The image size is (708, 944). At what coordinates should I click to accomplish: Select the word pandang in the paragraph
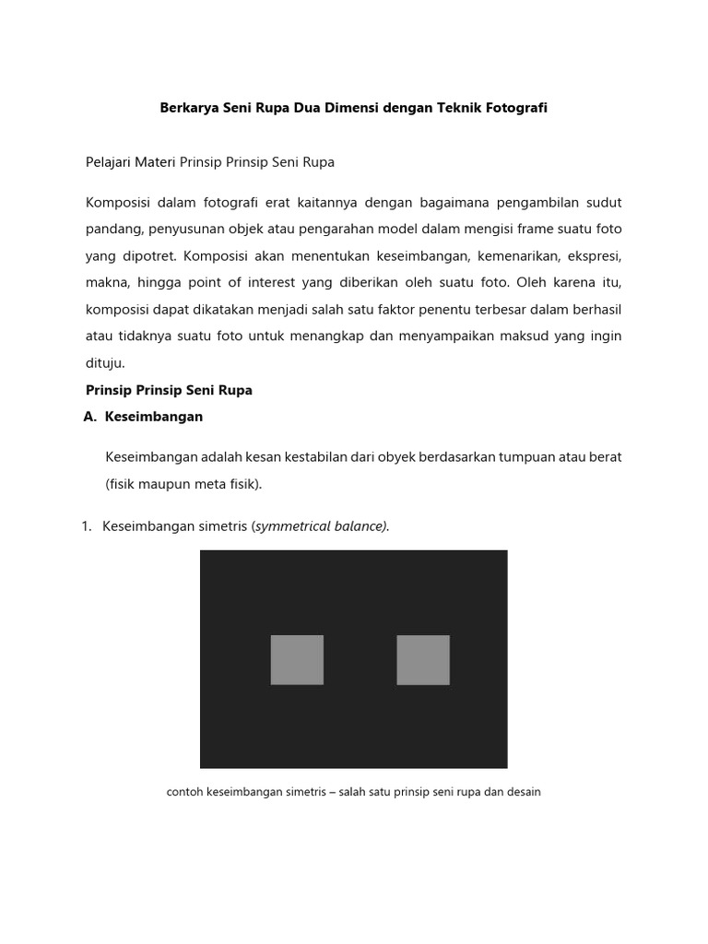tap(113, 229)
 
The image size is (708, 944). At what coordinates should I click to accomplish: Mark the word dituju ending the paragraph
tap(104, 363)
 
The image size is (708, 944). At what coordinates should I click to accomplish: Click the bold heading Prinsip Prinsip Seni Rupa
tap(169, 390)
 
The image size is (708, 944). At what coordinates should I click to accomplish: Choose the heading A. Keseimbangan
tap(143, 417)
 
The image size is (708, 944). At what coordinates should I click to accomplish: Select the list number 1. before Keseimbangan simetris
tap(87, 525)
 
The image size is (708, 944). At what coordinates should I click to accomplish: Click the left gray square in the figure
tap(297, 659)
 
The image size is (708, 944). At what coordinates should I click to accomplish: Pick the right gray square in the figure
tap(423, 659)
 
